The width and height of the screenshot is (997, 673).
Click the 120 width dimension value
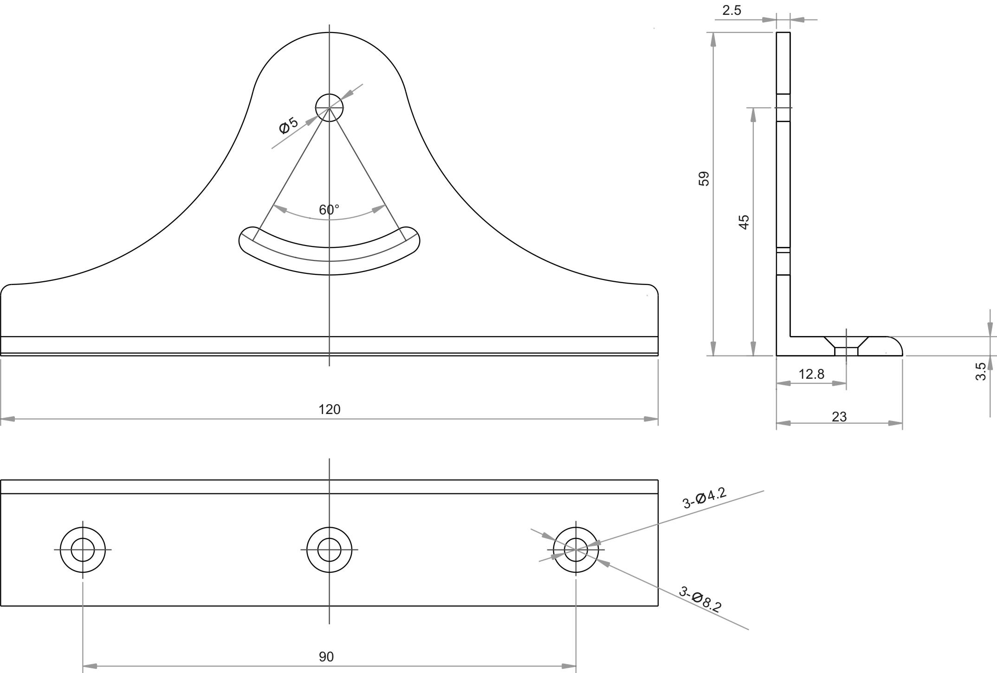[x=329, y=409]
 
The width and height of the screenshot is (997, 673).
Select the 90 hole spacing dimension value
[x=326, y=657]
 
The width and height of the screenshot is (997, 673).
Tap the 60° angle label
[x=329, y=210]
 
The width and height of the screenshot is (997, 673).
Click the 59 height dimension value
[x=704, y=179]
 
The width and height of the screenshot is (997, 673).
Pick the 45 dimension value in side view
[x=744, y=222]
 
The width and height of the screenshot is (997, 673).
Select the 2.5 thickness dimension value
[x=732, y=11]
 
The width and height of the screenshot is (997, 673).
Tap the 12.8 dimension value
[x=811, y=374]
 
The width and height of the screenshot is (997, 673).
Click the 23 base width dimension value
[x=839, y=417]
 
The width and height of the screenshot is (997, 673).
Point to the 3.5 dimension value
[x=981, y=371]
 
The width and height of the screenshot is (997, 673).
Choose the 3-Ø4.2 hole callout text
[x=704, y=498]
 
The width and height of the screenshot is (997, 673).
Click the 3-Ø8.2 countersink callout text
[x=700, y=600]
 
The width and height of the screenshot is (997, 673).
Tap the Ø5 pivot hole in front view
[x=329, y=108]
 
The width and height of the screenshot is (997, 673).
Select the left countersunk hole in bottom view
[x=83, y=550]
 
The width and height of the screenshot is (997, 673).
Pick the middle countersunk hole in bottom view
[x=329, y=550]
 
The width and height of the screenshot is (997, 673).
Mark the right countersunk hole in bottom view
[x=576, y=550]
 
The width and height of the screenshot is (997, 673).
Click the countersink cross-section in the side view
[x=846, y=346]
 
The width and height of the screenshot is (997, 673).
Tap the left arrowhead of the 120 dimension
[x=7, y=419]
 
